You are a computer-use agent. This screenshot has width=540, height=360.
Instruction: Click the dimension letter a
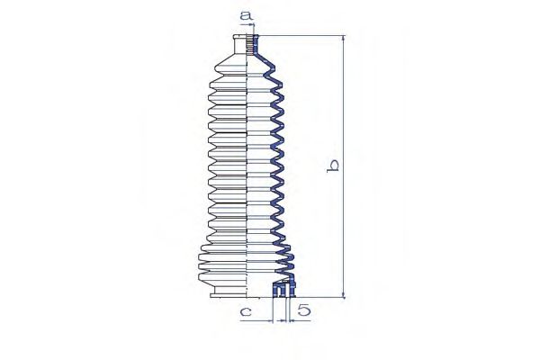coord(247,15)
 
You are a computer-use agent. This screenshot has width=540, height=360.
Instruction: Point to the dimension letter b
coord(333,166)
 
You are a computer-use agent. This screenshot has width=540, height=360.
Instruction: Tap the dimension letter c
coord(246,312)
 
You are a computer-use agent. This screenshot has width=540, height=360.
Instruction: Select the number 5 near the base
coord(304,310)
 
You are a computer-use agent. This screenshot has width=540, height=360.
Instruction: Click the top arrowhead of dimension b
coord(344,39)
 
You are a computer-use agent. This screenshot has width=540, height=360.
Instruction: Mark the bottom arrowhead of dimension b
coord(344,294)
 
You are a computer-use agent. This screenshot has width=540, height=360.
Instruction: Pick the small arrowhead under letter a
coord(252,25)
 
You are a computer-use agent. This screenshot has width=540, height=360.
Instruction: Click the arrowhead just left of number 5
coord(292,321)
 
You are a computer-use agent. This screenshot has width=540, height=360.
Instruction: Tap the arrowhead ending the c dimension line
coord(270,321)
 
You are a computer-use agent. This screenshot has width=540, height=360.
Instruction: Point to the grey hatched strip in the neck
coord(250,44)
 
